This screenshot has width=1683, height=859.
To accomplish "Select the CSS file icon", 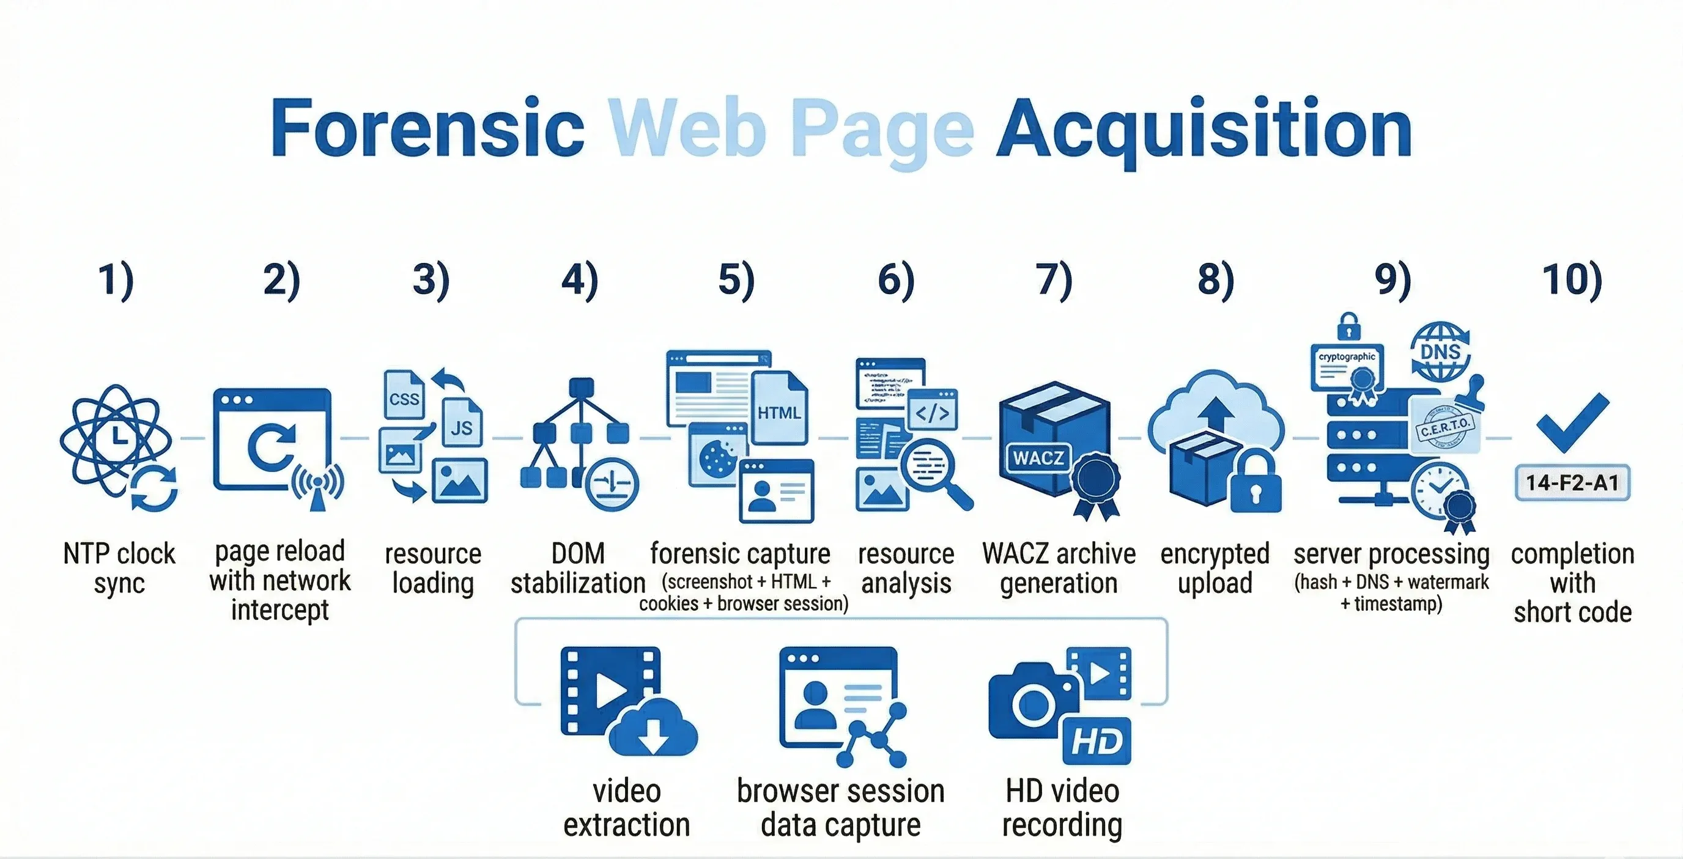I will pos(403,396).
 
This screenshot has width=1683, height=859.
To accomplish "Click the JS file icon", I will pos(462,424).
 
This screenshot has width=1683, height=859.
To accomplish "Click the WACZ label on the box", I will pos(1037,457).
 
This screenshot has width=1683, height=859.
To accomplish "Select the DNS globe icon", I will pos(1440,352).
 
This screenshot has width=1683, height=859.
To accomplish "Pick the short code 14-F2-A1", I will pos(1572,483).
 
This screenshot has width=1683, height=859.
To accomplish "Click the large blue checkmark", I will pos(1572,422).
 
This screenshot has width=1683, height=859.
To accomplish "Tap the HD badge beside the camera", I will pos(1097,742).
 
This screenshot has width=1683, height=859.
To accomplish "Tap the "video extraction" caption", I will pos(627,808).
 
